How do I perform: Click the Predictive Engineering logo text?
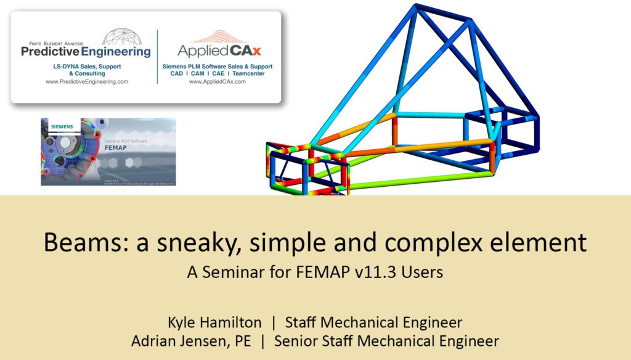pos(86,52)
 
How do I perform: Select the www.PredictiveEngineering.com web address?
pos(87,81)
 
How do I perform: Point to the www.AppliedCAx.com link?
pos(217,81)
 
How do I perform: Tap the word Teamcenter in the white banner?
pos(254,73)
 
